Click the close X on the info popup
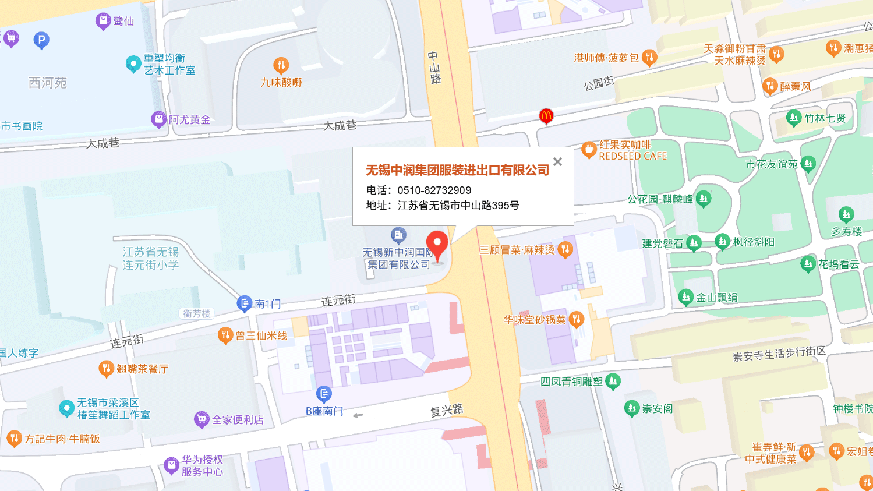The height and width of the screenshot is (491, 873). [557, 162]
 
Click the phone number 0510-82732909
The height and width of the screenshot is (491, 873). [434, 190]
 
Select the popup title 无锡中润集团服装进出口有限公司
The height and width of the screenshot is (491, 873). [457, 170]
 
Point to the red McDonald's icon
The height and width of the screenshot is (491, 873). [546, 116]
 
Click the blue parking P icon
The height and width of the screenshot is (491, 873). [41, 40]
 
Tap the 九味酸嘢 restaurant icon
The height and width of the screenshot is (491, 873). [281, 65]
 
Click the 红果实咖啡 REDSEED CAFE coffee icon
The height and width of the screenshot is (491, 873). [589, 150]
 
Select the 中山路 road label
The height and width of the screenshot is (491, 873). [434, 68]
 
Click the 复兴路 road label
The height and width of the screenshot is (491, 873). [447, 410]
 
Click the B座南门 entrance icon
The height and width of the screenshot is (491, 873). [324, 394]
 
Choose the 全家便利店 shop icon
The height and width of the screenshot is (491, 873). [202, 419]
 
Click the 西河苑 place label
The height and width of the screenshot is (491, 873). [48, 83]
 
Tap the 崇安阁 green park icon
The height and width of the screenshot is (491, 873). [632, 408]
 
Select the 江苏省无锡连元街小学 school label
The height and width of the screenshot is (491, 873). [151, 258]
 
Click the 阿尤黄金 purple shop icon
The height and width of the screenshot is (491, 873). [158, 119]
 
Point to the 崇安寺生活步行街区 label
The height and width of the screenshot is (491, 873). [779, 354]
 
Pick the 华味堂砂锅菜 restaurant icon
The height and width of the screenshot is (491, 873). [576, 319]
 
